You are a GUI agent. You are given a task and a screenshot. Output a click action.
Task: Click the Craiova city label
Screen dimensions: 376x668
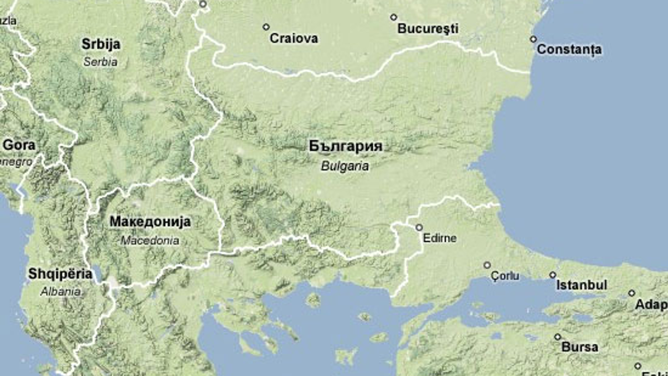pyautogui.click(x=294, y=38)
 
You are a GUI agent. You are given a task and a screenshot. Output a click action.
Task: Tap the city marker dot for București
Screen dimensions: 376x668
pyautogui.click(x=393, y=17)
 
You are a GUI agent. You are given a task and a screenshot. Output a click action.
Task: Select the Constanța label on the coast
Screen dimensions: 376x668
pyautogui.click(x=569, y=49)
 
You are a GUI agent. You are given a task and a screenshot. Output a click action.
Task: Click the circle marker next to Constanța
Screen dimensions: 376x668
pyautogui.click(x=533, y=39)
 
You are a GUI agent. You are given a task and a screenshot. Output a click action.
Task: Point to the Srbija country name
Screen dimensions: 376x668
pyautogui.click(x=101, y=44)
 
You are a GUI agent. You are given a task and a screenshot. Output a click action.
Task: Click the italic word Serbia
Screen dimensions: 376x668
pyautogui.click(x=101, y=62)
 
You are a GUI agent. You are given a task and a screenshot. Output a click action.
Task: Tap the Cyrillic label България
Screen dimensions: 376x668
pyautogui.click(x=346, y=146)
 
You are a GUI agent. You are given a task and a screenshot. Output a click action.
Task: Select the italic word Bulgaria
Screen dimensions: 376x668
pyautogui.click(x=345, y=166)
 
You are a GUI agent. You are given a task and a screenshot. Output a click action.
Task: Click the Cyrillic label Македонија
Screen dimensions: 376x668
pyautogui.click(x=150, y=222)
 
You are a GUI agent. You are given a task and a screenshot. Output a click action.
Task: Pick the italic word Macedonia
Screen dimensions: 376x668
pyautogui.click(x=150, y=241)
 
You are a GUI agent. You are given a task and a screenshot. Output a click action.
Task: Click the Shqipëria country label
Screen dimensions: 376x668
pyautogui.click(x=60, y=274)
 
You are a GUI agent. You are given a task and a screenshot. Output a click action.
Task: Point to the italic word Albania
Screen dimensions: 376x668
pyautogui.click(x=61, y=291)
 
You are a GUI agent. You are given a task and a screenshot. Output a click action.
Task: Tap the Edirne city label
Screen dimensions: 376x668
pyautogui.click(x=439, y=238)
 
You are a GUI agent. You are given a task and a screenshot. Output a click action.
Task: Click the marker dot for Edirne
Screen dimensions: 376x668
pyautogui.click(x=419, y=227)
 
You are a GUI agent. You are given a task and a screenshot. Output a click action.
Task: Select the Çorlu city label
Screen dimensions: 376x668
pyautogui.click(x=505, y=276)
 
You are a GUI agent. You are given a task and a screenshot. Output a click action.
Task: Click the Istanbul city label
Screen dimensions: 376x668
pyautogui.click(x=581, y=285)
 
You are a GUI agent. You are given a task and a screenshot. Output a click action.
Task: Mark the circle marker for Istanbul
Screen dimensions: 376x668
pyautogui.click(x=553, y=275)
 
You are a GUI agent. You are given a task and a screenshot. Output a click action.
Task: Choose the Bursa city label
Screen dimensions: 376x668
pyautogui.click(x=580, y=347)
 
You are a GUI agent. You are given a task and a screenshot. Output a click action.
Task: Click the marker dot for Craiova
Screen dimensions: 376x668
pyautogui.click(x=266, y=27)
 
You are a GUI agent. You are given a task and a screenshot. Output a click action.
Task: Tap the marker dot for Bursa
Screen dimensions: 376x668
pyautogui.click(x=558, y=337)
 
